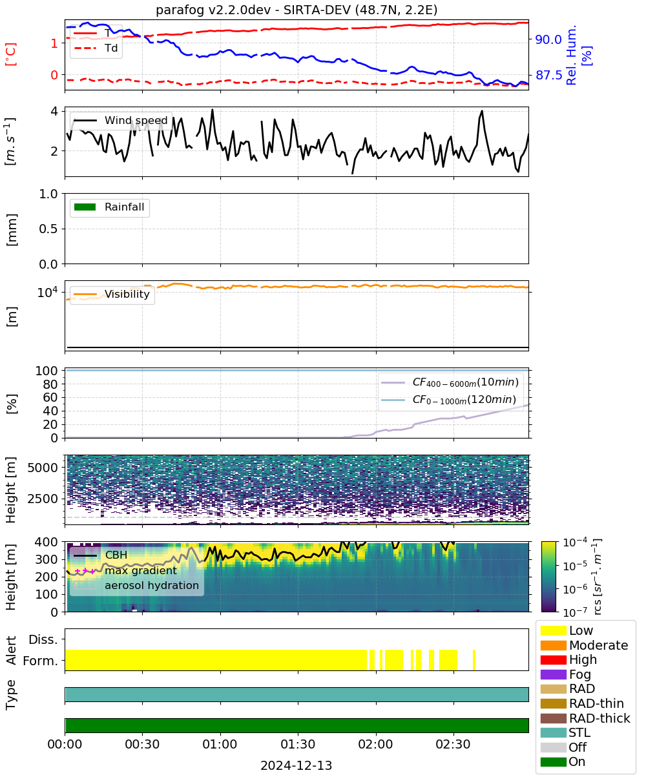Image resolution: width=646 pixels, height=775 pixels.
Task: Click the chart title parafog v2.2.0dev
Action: point(213,10)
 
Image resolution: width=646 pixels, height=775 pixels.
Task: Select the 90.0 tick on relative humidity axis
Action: point(548,39)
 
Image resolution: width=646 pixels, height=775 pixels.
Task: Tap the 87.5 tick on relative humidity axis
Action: point(548,75)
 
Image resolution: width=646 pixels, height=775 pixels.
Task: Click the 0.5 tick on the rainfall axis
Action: point(48,229)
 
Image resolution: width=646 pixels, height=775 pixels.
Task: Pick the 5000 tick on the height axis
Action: point(43,468)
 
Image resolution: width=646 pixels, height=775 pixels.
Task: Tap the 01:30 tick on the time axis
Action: point(298,744)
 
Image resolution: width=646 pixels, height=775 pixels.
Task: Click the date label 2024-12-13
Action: point(297,765)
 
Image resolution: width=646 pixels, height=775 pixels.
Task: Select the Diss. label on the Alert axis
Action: point(43,639)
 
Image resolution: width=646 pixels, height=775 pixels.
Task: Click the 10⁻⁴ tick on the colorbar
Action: point(575,542)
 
